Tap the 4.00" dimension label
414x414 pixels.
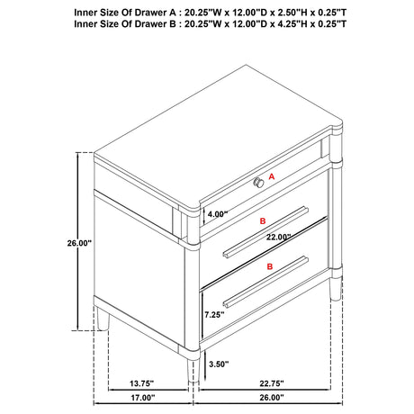(218, 215)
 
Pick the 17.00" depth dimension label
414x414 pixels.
(142, 397)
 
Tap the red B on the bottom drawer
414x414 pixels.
(268, 267)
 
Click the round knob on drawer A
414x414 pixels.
(258, 183)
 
